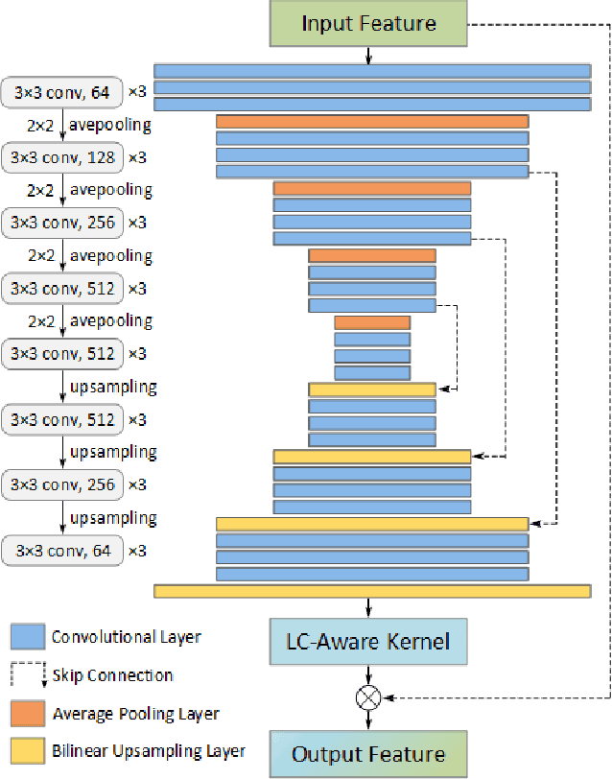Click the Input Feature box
click(x=368, y=23)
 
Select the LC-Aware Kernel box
click(x=368, y=640)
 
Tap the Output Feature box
click(x=368, y=753)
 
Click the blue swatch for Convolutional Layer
click(x=28, y=636)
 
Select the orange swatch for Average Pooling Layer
click(x=28, y=713)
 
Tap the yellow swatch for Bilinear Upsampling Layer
click(x=28, y=751)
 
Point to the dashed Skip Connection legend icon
click(x=28, y=673)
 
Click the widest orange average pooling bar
click(x=372, y=122)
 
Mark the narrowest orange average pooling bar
click(x=372, y=322)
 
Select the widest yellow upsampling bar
click(x=372, y=591)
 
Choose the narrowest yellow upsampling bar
click(x=372, y=389)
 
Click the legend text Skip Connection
click(x=112, y=675)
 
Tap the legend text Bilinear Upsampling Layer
click(x=149, y=752)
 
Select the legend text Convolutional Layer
click(x=126, y=636)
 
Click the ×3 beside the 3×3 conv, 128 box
click(x=137, y=156)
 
